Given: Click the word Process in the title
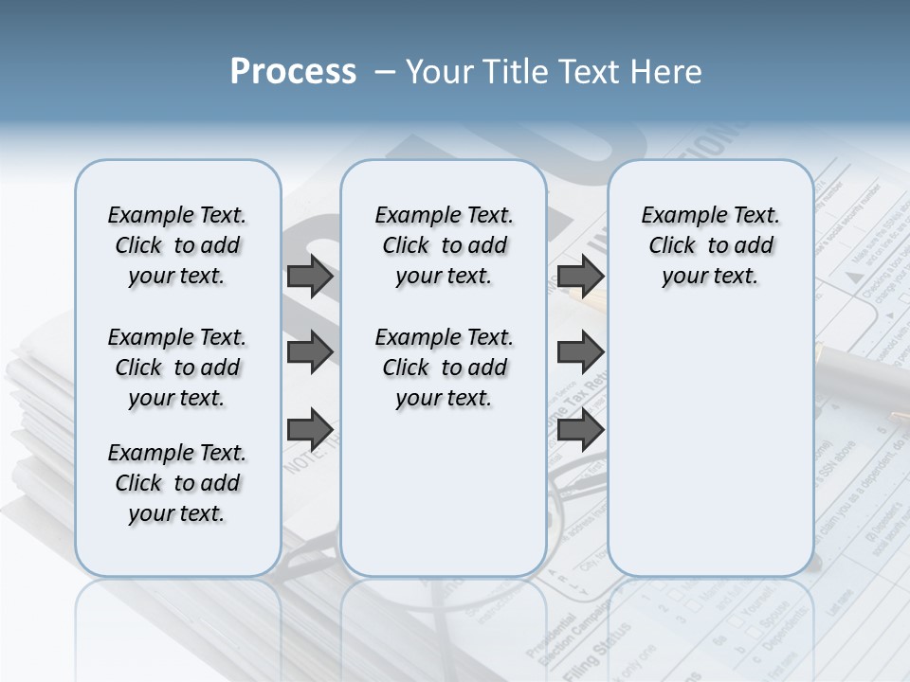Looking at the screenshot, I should pos(293,72).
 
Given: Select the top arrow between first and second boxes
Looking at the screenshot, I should pos(310,277).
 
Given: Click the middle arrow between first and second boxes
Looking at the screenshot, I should pos(310,352).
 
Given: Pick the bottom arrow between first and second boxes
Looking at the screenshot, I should pos(310,428).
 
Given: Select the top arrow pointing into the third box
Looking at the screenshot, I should pos(580,277).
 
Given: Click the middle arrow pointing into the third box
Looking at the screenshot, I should pos(580,352).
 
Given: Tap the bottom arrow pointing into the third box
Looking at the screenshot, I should pos(580,428).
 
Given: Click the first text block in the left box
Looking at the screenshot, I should pos(177,245).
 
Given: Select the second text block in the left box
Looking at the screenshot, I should pos(177,368).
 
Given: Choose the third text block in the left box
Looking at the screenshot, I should pos(177,483).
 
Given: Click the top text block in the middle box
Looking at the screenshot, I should pos(444,245).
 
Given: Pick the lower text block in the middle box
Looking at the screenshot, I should pos(444,368).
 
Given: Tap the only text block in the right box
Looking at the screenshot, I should pos(710,245).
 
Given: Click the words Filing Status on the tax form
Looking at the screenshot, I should pos(592,644).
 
